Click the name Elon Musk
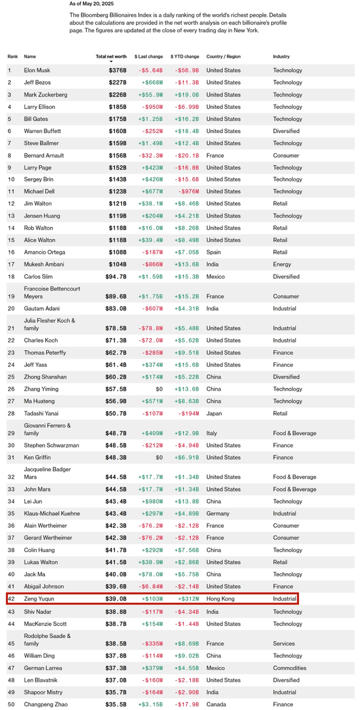coord(38,70)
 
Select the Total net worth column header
coord(111,57)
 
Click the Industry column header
coord(281,57)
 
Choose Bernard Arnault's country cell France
coord(215,155)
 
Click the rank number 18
coord(9,276)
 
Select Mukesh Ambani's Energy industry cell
coord(282,264)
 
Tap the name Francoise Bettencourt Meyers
coord(51,292)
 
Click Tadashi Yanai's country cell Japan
coord(214,413)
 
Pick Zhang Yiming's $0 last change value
coord(159,389)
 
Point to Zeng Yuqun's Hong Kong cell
coord(220,599)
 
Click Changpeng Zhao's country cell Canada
coord(216,705)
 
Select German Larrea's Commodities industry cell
coord(290,668)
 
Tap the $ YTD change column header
coord(185,57)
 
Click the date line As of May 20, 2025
coord(92,3)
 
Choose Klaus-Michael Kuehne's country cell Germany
coord(219,514)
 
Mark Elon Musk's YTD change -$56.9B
coord(187,70)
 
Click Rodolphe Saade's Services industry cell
coord(284,643)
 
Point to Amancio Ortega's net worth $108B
coord(117,252)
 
